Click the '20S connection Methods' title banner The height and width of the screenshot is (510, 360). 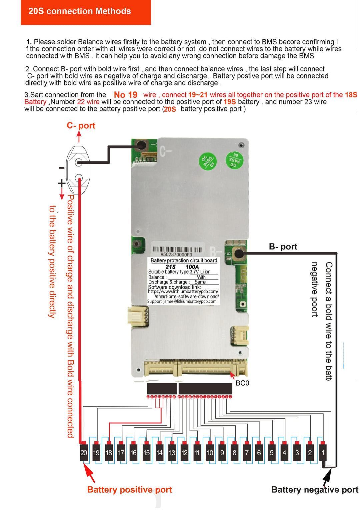point(80,11)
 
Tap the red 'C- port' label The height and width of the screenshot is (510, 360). point(81,125)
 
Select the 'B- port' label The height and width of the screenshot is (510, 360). point(283,246)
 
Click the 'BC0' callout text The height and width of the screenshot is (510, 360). point(242,383)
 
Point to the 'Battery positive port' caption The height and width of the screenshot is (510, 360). point(129,490)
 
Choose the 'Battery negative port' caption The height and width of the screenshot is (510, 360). point(315,490)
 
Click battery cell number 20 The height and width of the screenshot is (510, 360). point(84,453)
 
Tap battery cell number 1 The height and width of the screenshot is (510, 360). point(322,453)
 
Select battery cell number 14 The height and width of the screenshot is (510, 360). point(159,453)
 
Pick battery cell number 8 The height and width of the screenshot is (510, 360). point(234,453)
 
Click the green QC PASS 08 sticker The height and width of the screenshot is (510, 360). point(208,161)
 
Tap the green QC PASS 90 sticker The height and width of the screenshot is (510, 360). point(235,160)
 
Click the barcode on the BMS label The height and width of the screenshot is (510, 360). point(177,249)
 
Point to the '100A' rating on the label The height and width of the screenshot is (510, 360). point(192,267)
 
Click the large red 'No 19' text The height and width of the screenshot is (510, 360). point(126,95)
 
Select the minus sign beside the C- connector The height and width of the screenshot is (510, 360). point(61,168)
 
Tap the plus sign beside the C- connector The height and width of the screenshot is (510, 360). point(61,183)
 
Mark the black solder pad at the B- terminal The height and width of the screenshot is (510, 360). point(239,253)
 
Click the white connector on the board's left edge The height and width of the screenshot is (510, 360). point(137,315)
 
